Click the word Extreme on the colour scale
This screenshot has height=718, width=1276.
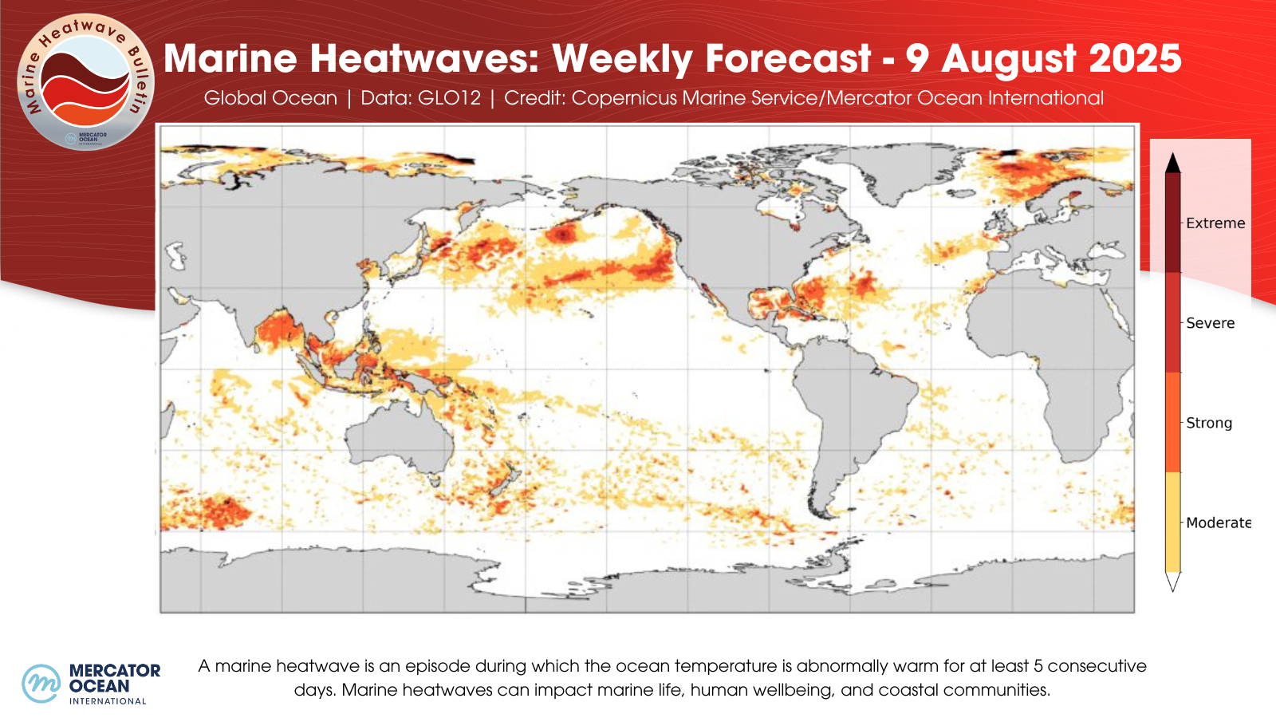1215,223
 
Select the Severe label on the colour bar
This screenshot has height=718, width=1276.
1210,323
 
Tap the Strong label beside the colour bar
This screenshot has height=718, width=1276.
1209,423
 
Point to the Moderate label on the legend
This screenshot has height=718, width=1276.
1218,523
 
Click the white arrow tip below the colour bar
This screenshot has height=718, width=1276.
1172,582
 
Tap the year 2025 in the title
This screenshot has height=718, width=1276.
1135,59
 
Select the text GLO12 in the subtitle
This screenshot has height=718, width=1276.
449,98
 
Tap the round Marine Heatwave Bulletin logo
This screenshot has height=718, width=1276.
85,81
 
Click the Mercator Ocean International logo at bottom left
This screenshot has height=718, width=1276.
91,684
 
